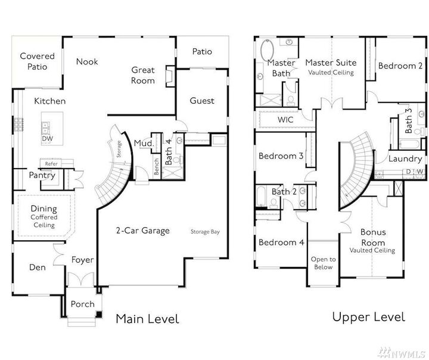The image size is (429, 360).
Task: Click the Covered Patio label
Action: click(x=37, y=61)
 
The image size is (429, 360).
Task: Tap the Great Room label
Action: click(x=143, y=75)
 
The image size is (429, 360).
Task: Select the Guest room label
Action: click(x=202, y=101)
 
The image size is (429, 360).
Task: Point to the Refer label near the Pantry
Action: click(x=51, y=163)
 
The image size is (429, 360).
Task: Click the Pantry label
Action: click(x=42, y=176)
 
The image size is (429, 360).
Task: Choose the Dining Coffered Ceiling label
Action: click(x=44, y=216)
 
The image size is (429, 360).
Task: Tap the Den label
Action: click(x=38, y=268)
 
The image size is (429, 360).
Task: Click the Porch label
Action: click(x=82, y=304)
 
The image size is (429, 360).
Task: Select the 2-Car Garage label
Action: click(x=142, y=231)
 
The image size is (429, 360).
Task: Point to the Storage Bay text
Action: click(x=205, y=231)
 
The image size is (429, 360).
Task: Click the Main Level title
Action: click(x=147, y=319)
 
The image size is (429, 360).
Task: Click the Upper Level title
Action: click(x=368, y=316)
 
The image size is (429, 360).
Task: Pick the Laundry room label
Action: click(x=405, y=159)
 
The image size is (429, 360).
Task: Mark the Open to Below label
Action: click(x=324, y=263)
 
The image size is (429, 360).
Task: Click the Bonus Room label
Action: click(x=372, y=237)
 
